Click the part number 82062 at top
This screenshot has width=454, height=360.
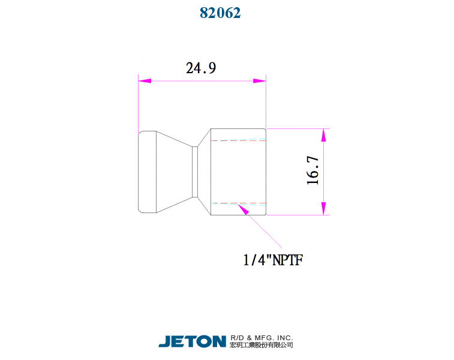point(220,13)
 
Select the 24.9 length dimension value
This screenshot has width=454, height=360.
point(201,68)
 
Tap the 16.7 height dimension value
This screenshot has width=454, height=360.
point(312,170)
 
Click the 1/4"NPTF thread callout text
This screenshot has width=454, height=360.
point(273,260)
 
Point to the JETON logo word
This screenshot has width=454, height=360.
point(193,341)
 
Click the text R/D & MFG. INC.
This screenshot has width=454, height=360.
point(261,338)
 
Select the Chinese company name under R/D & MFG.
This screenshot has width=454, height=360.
point(261,344)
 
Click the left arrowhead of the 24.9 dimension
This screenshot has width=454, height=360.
point(145,81)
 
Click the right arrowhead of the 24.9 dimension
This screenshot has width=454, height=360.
point(260,81)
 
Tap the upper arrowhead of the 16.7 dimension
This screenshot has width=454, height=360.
point(323,135)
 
